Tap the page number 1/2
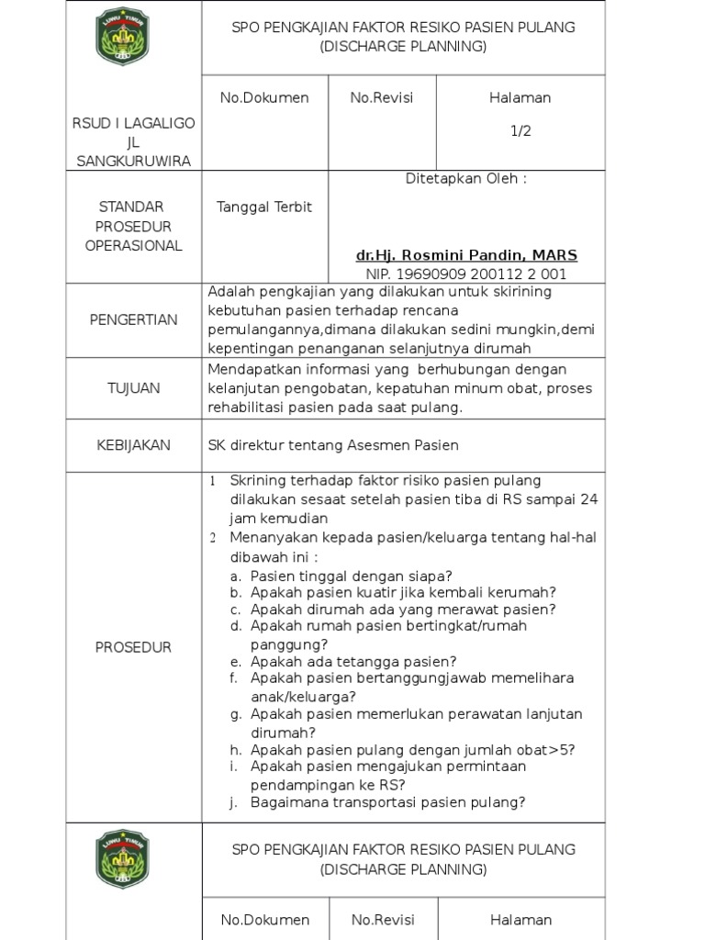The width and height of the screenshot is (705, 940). tap(520, 131)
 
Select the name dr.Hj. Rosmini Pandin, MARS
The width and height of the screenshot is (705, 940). tap(466, 254)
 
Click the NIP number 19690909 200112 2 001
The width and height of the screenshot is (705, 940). tap(466, 274)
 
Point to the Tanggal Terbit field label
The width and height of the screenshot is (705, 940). tap(264, 207)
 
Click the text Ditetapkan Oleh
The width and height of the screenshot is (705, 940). tap(466, 179)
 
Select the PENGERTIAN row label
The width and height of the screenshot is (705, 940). tap(134, 319)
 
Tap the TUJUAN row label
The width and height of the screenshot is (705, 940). tap(134, 388)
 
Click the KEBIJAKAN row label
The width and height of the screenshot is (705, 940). tap(134, 445)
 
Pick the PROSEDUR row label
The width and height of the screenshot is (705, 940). tap(134, 647)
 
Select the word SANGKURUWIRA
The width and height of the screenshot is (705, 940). tap(134, 162)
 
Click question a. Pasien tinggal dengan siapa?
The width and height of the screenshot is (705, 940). tap(351, 576)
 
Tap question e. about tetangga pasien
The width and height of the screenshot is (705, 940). tap(353, 661)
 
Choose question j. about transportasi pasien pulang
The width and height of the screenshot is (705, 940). tap(387, 802)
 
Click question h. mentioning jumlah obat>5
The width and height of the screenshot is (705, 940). tap(413, 749)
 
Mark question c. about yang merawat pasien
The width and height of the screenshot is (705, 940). tap(403, 610)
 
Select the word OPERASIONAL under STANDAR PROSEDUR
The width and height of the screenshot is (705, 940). tap(134, 246)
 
